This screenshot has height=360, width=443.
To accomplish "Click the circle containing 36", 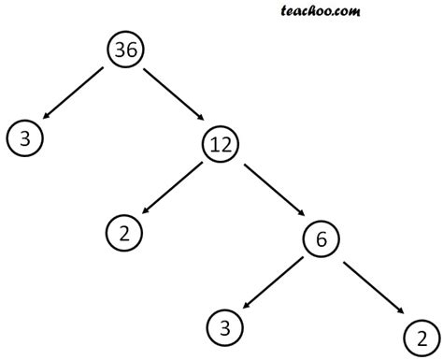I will [125, 52].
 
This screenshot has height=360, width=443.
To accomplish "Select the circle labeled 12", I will [220, 145].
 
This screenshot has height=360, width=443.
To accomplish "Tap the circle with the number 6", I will [320, 239].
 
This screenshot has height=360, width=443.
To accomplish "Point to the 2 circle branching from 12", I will [123, 231].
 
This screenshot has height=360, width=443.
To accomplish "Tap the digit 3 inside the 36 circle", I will [119, 52].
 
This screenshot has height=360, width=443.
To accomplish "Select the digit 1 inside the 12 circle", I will [213, 145].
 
